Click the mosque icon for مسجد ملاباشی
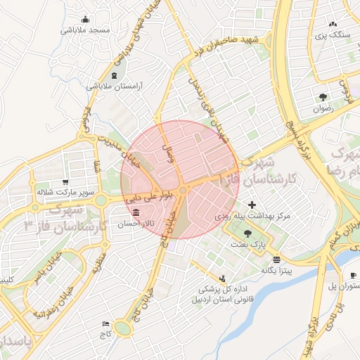86,20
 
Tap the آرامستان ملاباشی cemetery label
115,86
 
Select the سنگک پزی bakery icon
333,24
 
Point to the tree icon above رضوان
323,97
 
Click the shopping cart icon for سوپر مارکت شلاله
65,181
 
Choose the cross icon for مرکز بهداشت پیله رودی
252,205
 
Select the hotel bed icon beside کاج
106,323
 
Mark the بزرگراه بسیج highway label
298,124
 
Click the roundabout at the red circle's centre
183,190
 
